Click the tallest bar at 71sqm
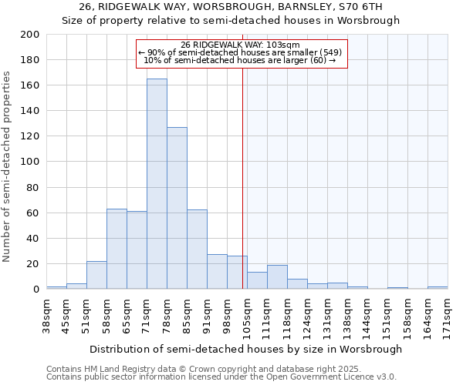[x=157, y=185]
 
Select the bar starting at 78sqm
[x=177, y=208]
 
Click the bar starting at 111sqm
[x=277, y=277]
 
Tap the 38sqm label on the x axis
[x=47, y=315]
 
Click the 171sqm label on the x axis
[x=448, y=315]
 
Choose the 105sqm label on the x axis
[x=248, y=315]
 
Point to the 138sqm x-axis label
[x=347, y=315]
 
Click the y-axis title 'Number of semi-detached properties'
[x=7, y=166]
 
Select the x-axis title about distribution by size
[x=245, y=349]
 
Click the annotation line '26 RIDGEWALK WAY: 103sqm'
[x=241, y=45]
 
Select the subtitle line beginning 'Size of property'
[x=231, y=21]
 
